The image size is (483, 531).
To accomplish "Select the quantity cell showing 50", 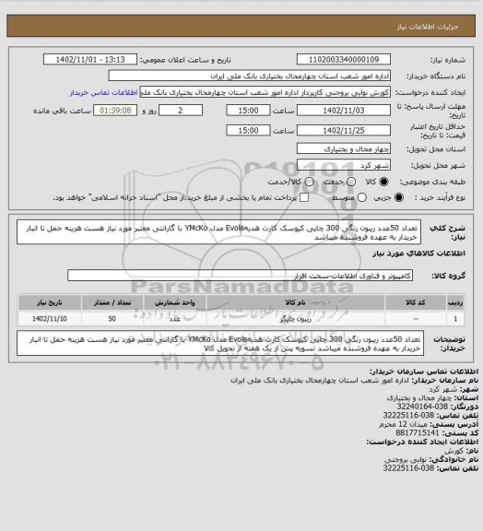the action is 112,318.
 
